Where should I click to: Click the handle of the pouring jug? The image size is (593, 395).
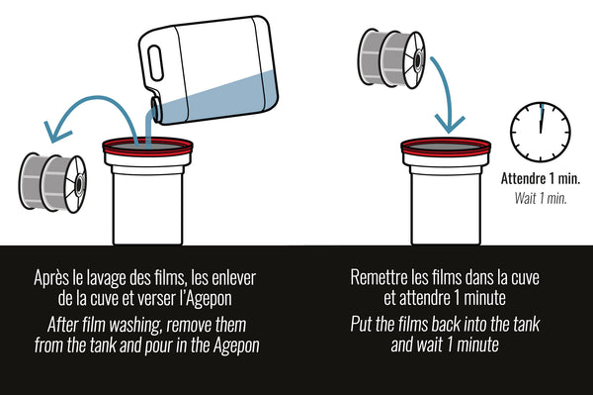click(155, 63)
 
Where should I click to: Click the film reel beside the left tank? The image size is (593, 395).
click(52, 183)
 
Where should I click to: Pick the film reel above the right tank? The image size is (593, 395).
click(391, 58)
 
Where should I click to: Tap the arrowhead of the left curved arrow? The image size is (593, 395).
click(56, 132)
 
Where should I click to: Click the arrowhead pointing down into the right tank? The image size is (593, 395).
click(450, 124)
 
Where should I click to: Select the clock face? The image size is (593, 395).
click(541, 132)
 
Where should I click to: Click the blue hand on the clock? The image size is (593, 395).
click(542, 118)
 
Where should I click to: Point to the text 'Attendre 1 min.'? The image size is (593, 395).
click(541, 178)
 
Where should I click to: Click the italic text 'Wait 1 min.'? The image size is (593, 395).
click(541, 198)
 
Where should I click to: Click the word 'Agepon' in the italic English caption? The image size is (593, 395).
click(236, 346)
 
